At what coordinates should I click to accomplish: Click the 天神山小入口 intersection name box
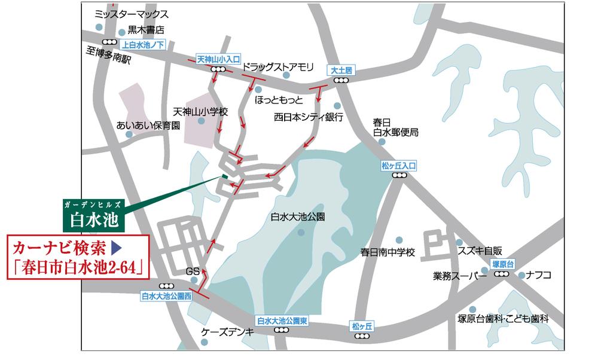pyautogui.click(x=218, y=60)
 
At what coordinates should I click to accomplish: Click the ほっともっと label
pyautogui.click(x=279, y=98)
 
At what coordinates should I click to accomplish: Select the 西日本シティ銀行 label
pyautogui.click(x=308, y=117)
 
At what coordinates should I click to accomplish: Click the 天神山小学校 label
pyautogui.click(x=201, y=111)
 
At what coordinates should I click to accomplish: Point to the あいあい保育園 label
pyautogui.click(x=148, y=126)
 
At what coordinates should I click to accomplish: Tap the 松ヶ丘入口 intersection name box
pyautogui.click(x=398, y=166)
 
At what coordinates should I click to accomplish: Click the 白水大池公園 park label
pyautogui.click(x=298, y=217)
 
